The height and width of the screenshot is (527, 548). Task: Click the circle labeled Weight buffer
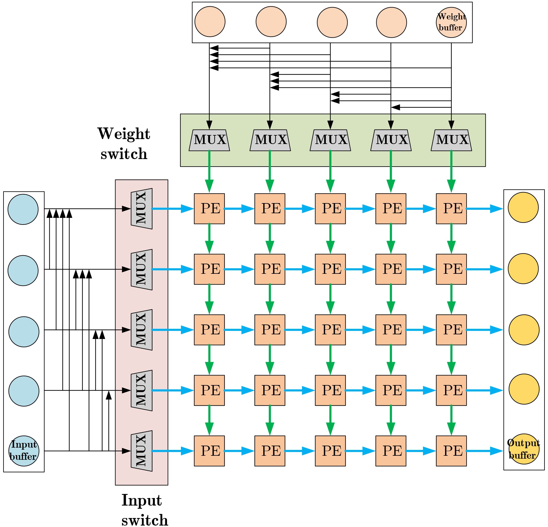[451, 23]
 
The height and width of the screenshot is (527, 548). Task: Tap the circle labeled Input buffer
[23, 451]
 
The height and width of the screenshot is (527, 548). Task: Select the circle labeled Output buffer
[524, 449]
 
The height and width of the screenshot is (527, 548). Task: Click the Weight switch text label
[124, 143]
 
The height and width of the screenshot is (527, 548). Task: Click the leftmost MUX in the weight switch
[209, 140]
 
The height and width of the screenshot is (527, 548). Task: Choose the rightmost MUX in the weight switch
[451, 140]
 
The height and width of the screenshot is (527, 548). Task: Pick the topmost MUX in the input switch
[141, 209]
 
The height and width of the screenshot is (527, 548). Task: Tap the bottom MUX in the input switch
[141, 451]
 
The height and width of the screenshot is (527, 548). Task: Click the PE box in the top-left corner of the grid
[209, 209]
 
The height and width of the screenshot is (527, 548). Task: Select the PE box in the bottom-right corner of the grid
[451, 451]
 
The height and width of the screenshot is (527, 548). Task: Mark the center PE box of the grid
[330, 330]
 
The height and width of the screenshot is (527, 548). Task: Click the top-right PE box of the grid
[451, 209]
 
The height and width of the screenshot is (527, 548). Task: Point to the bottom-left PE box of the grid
[209, 451]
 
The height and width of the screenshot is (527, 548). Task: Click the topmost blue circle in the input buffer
[23, 209]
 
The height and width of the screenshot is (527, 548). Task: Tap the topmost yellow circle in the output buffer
[523, 207]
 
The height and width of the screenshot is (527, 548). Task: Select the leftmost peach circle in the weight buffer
[210, 22]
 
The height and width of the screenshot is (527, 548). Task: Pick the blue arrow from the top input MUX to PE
[173, 209]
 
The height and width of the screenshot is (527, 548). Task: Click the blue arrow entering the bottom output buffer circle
[484, 451]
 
